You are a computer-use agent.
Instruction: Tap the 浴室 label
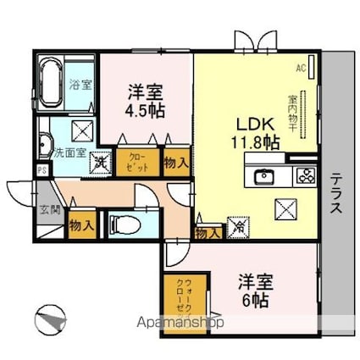(x=81, y=85)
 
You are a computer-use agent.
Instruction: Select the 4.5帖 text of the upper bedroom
(x=147, y=112)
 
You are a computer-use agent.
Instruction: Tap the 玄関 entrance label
(x=49, y=208)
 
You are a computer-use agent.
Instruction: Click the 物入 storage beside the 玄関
(x=80, y=225)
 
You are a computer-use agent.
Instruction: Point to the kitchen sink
(x=263, y=177)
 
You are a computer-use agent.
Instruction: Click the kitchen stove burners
(x=304, y=177)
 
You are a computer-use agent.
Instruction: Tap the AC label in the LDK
(x=300, y=67)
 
